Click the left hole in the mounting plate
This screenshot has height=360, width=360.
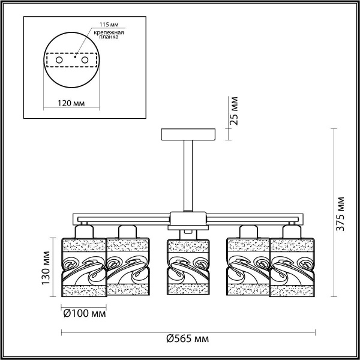click(59, 61)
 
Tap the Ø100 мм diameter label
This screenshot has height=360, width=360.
click(84, 313)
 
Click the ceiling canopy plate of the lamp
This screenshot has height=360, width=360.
click(188, 133)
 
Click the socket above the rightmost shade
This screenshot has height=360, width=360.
click(292, 230)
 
